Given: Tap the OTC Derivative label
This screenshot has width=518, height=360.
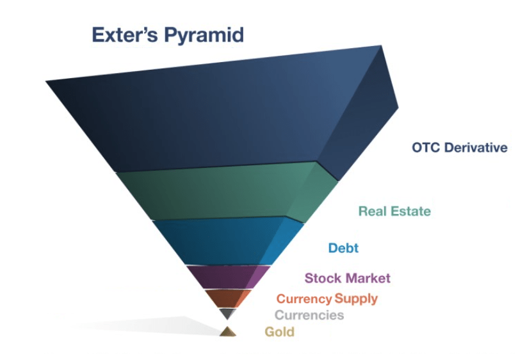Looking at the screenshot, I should pos(459,148).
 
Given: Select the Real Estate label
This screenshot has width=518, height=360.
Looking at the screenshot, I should pos(394,211).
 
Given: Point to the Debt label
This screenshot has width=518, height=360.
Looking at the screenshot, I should pos(343,248).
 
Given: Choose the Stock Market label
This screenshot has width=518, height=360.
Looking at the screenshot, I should pos(347,278).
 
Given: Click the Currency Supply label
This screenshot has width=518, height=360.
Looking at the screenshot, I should pos(327,299).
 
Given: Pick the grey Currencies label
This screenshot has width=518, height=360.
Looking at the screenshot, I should pos(309,315).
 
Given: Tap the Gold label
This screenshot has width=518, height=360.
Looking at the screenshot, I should pos(279,332).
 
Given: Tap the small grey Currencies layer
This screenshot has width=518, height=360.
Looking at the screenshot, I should pos(227,313).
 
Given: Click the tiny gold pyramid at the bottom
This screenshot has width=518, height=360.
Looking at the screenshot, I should pos(227,332).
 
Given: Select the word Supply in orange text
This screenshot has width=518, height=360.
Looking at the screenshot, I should pos(356,299).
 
